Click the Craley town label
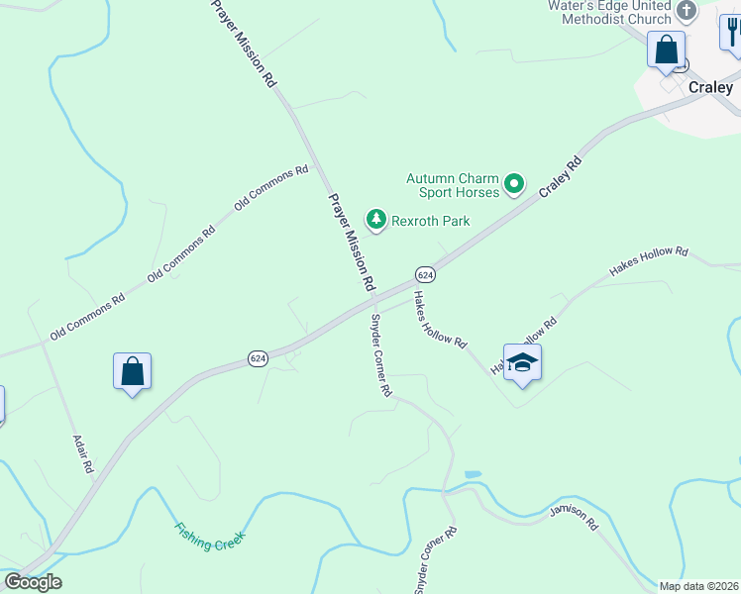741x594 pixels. pos(710,87)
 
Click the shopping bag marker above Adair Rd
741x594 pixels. pos(133,372)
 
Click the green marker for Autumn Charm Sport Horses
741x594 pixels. pos(514,183)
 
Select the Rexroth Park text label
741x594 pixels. pos(429,221)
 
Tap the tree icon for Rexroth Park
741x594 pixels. pos(375,219)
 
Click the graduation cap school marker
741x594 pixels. pos(522,363)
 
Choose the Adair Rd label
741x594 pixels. pos(82,452)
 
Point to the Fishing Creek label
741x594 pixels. pos(209,537)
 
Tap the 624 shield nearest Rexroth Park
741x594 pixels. pos(424,274)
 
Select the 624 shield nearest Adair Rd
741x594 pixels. pos(258,358)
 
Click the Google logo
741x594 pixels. pos(33,582)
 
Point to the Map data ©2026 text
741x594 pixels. pos(698,586)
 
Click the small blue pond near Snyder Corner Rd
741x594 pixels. pos(473,475)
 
